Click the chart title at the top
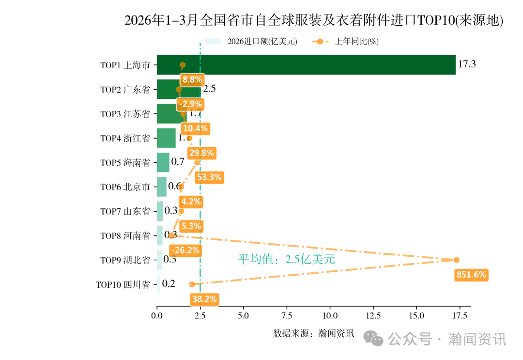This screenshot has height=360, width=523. (314, 21)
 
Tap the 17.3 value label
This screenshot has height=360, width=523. (467, 64)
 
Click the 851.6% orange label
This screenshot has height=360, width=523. (471, 275)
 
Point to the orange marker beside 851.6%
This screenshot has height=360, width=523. (456, 260)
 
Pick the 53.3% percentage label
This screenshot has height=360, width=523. (209, 177)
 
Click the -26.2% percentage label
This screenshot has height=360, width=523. (185, 250)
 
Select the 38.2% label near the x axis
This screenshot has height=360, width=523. (204, 299)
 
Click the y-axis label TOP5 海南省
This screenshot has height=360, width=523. (125, 163)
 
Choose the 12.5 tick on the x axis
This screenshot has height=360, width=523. (373, 316)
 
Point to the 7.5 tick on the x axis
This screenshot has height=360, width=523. (287, 316)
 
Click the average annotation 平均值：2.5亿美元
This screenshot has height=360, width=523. (287, 259)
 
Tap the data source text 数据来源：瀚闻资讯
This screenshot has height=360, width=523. (313, 333)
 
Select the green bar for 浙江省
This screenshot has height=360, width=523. (167, 138)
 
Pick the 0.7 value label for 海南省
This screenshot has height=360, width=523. (178, 162)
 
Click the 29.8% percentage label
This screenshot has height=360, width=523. (202, 153)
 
